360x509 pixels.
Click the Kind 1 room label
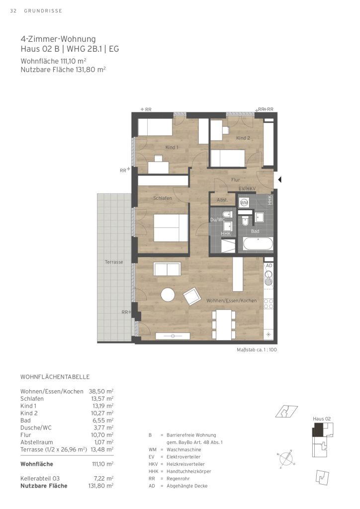[x=172, y=147]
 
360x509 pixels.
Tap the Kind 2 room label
[x=243, y=138]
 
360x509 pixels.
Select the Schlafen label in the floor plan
[x=163, y=198]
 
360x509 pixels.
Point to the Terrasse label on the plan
[x=114, y=262]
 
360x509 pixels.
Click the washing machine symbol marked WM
[x=244, y=203]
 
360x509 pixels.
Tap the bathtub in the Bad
[x=258, y=244]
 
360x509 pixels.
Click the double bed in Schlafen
[x=171, y=228]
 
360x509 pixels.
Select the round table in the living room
[x=168, y=295]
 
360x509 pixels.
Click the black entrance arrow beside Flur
[x=279, y=179]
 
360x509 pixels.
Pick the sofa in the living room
[x=167, y=269]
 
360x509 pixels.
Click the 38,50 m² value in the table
[x=101, y=392]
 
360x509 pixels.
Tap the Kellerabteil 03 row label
[x=40, y=479]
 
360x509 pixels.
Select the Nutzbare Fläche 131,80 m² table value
[x=100, y=486]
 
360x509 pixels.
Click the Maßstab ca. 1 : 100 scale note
[x=257, y=349]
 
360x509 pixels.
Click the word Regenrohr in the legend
[x=178, y=479]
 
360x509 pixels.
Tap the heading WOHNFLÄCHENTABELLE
[x=55, y=377]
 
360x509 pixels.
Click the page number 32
[x=13, y=11]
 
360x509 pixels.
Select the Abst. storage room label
[x=222, y=200]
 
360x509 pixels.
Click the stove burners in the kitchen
[x=269, y=304]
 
